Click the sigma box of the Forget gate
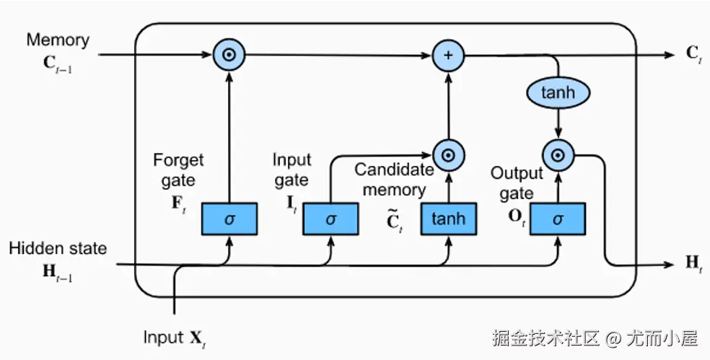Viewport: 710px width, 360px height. [x=229, y=219]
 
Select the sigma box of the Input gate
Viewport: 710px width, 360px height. [x=330, y=219]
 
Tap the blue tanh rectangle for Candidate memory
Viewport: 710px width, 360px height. [x=449, y=219]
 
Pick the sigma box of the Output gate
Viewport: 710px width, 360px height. [x=557, y=219]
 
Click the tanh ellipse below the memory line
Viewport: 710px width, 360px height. [x=557, y=93]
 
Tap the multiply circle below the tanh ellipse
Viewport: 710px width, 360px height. [x=557, y=154]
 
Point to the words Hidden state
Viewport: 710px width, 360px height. [x=58, y=248]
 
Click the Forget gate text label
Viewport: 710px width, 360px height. [x=179, y=169]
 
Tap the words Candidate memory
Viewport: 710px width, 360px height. [x=394, y=180]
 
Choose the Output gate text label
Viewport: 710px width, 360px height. [x=517, y=183]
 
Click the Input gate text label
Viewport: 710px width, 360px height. [x=292, y=170]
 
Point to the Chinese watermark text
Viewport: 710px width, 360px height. [x=595, y=337]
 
